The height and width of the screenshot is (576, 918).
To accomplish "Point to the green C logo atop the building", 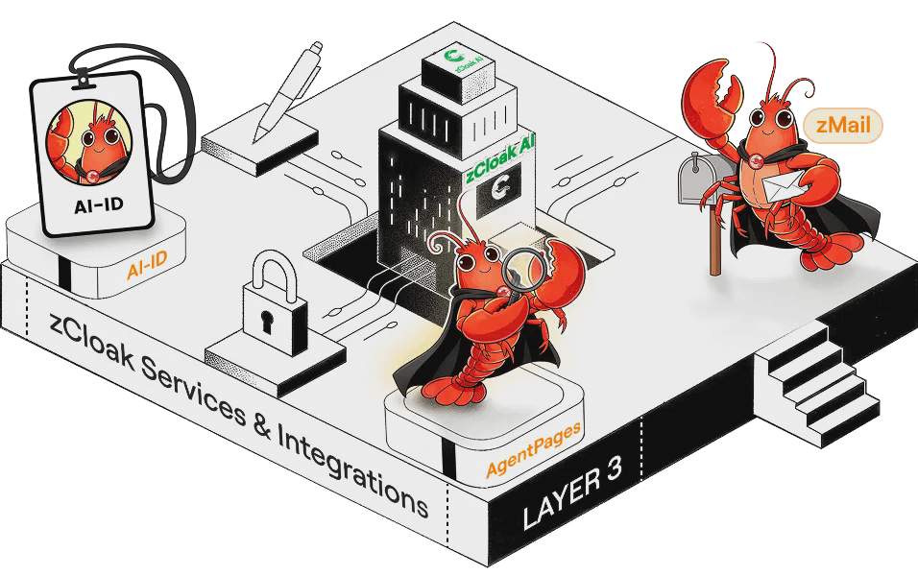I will (445, 60).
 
